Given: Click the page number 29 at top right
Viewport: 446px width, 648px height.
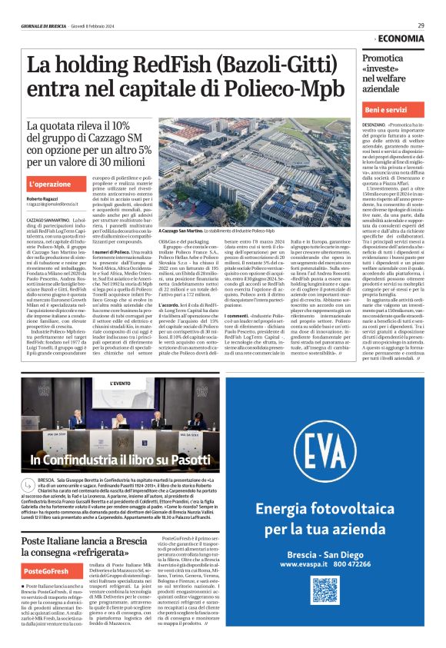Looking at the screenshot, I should pyautogui.click(x=421, y=25).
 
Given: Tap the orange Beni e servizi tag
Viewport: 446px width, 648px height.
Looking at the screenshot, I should pyautogui.click(x=385, y=111).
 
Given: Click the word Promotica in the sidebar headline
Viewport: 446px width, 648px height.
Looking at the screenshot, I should pyautogui.click(x=383, y=58).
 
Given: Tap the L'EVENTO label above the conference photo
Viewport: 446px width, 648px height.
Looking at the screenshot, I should pyautogui.click(x=121, y=381).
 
